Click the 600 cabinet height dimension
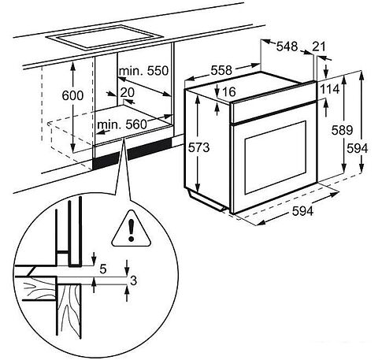point(72,95)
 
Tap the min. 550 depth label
point(143,71)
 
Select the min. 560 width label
point(122,124)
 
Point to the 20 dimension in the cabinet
point(128,92)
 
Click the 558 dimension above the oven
point(221,70)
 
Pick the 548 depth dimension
point(287,46)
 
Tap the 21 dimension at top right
point(319,46)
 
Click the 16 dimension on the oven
point(229,91)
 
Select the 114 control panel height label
point(329,89)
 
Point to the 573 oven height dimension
point(198,147)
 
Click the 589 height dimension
point(342,130)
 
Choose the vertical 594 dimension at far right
point(357,149)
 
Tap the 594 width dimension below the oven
point(302,211)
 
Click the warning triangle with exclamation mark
point(131,229)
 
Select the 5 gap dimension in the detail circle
point(103,269)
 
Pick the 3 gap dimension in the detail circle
point(133,280)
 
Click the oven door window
point(276,158)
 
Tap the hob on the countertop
point(105,38)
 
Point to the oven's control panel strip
point(273,103)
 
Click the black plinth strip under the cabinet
point(132,154)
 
